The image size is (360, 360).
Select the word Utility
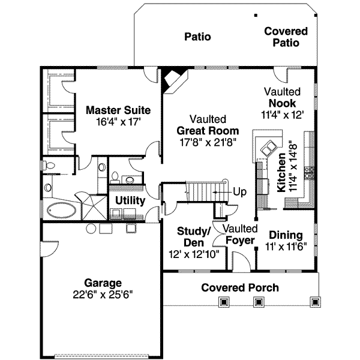(x=130, y=200)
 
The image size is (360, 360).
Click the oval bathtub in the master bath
(x=61, y=211)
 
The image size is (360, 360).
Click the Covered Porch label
(x=239, y=287)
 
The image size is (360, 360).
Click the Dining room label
(x=286, y=235)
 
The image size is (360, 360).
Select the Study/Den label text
(x=193, y=236)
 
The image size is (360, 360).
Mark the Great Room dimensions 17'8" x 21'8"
(x=208, y=142)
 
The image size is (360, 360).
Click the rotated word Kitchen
(x=281, y=174)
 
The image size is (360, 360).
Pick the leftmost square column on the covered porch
(x=224, y=302)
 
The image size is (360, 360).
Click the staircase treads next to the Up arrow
(x=201, y=192)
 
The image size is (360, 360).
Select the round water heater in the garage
(x=91, y=228)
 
